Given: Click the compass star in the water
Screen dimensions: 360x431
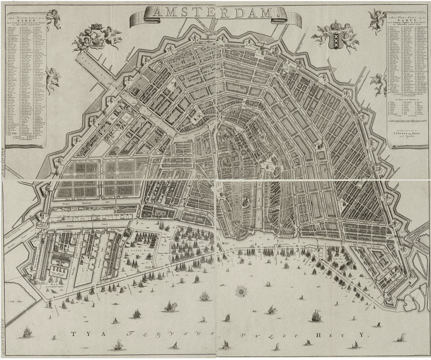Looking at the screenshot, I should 241,291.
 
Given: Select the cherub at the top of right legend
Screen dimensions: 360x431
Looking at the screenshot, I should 377,19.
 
